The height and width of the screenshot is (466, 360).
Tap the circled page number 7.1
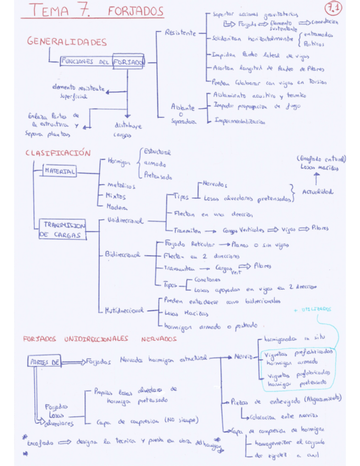click(x=334, y=9)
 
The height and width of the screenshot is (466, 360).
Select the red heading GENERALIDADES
click(x=67, y=42)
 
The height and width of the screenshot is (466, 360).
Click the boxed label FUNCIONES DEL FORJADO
click(x=102, y=62)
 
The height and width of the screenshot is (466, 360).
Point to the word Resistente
click(x=180, y=33)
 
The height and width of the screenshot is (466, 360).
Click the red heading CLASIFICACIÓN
click(x=57, y=153)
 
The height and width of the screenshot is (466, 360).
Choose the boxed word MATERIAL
click(x=60, y=171)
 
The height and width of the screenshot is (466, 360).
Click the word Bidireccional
click(x=123, y=255)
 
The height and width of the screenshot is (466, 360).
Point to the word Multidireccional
click(x=124, y=310)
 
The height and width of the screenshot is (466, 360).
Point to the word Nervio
click(x=242, y=357)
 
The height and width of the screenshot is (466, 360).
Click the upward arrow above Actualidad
click(x=317, y=177)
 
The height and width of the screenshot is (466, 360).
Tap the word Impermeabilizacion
click(x=240, y=121)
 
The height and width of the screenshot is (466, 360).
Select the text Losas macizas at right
click(x=319, y=168)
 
